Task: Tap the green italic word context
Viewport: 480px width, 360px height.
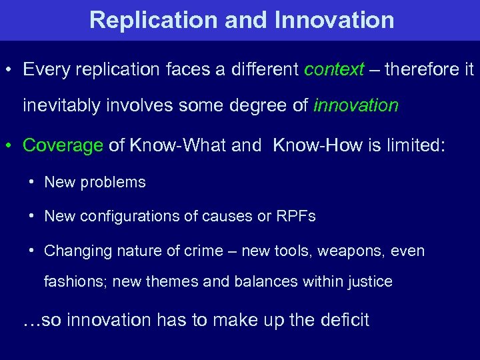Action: click(x=335, y=69)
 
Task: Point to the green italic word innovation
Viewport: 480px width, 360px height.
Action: click(x=356, y=105)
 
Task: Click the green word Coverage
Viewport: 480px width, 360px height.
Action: click(x=63, y=145)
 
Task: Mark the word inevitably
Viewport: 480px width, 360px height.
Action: click(x=61, y=105)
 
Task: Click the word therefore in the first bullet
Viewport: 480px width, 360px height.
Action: click(x=419, y=69)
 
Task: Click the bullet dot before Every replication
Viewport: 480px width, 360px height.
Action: click(x=10, y=70)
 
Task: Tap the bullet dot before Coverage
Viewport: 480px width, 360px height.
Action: click(x=10, y=146)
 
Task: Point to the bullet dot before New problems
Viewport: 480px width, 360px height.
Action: click(x=31, y=182)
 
